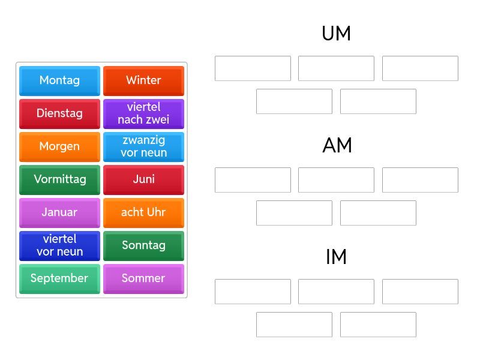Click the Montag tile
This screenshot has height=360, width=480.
pos(59,80)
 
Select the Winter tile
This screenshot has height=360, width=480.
pos(143,80)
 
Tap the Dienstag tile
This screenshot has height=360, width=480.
pos(59,113)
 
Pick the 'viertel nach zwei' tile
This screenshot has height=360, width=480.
pos(143,113)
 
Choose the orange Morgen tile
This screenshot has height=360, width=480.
pos(59,146)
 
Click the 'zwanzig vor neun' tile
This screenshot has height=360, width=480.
pos(143,146)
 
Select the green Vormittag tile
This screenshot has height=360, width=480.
pos(59,179)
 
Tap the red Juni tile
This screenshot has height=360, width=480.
pos(143,179)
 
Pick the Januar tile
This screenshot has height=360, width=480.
pos(59,212)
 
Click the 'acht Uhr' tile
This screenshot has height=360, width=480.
pos(143,212)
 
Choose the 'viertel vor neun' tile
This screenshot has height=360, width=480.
pos(59,245)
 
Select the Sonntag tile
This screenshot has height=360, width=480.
pos(143,245)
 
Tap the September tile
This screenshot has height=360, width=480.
pos(59,278)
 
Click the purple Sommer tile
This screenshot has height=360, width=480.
pos(143,278)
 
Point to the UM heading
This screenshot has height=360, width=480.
pos(336,34)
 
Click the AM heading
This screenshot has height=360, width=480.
pos(337,145)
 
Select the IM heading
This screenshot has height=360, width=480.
pos(336,257)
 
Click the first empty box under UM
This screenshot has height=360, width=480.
pos(253,68)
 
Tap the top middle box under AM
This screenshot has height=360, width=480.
pos(336,180)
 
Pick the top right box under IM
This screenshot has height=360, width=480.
pos(420,292)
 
